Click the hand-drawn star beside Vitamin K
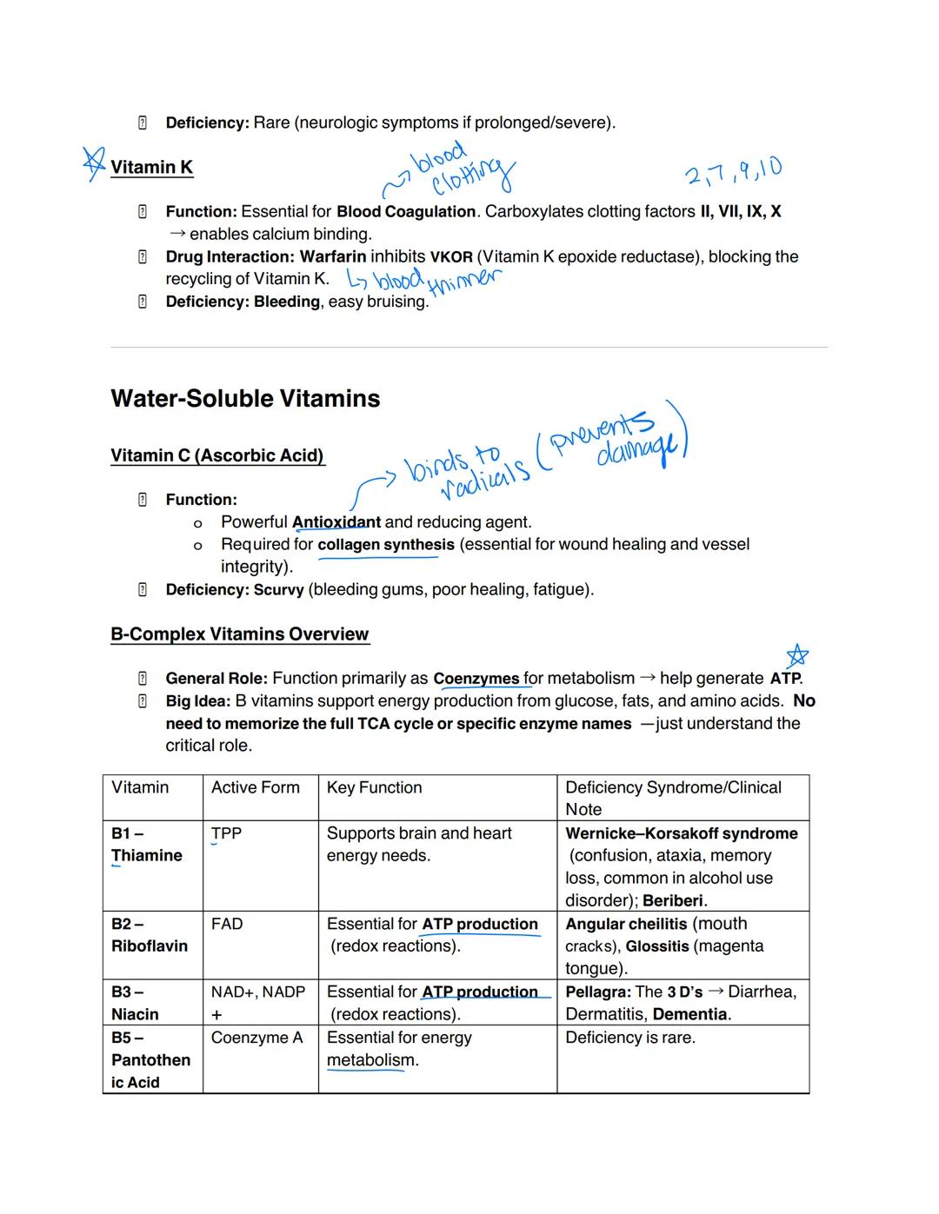pyautogui.click(x=93, y=163)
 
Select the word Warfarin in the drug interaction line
pyautogui.click(x=333, y=256)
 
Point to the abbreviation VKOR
pyautogui.click(x=451, y=257)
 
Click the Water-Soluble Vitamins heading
pyautogui.click(x=245, y=399)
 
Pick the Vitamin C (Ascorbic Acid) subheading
pyautogui.click(x=217, y=455)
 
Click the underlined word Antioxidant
pyautogui.click(x=336, y=522)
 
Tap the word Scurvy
pyautogui.click(x=278, y=589)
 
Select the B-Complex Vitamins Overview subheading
pyautogui.click(x=239, y=634)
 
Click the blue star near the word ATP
pyautogui.click(x=796, y=656)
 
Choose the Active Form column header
pyautogui.click(x=255, y=787)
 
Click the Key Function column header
pyautogui.click(x=374, y=787)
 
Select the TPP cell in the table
pyautogui.click(x=226, y=833)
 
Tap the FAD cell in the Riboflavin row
pyautogui.click(x=226, y=924)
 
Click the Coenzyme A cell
pyautogui.click(x=256, y=1037)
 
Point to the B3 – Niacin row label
pyautogui.click(x=135, y=1003)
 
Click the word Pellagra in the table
pyautogui.click(x=597, y=992)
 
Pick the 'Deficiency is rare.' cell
pyautogui.click(x=629, y=1037)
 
